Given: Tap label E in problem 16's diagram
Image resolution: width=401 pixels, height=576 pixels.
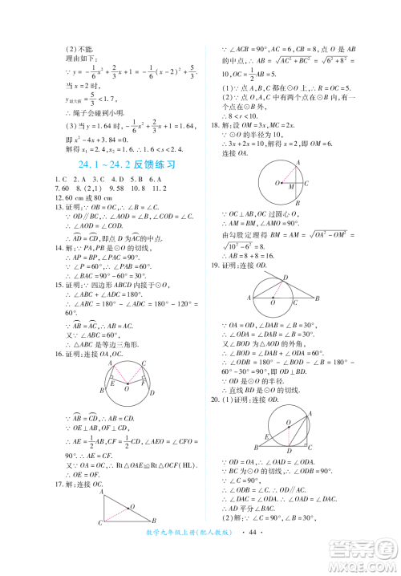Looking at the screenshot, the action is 112,383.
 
